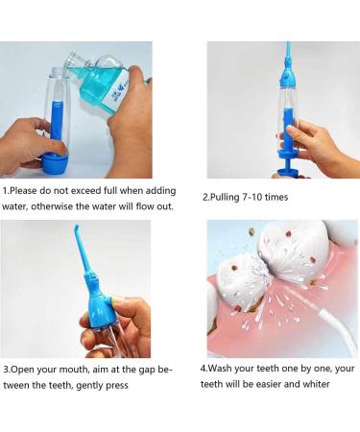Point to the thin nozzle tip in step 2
(x=285, y=53)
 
